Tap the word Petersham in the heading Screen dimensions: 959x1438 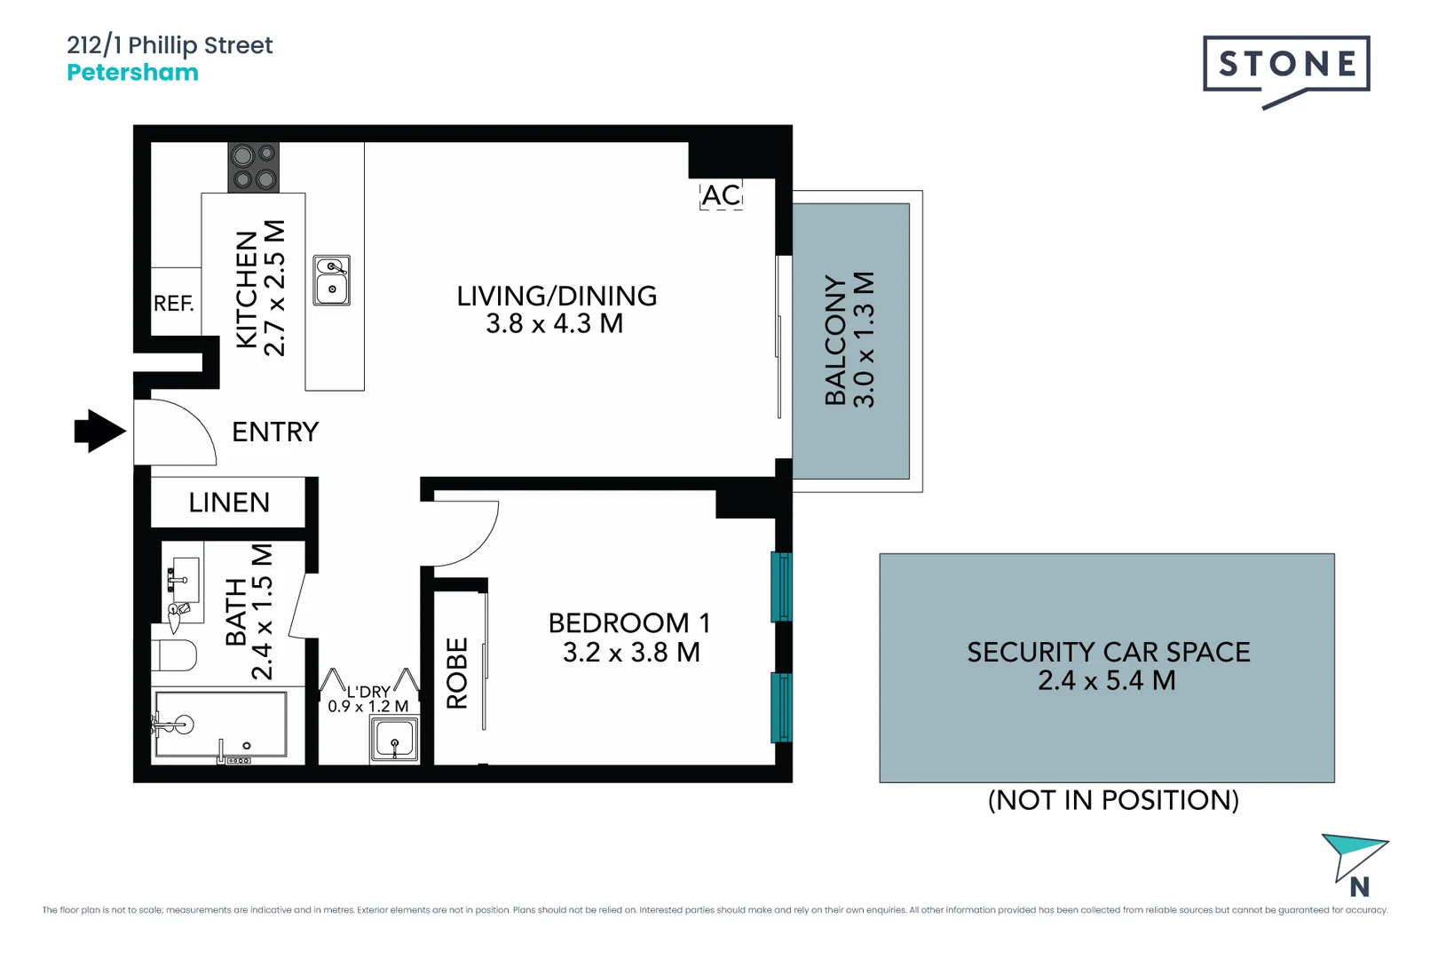coord(132,73)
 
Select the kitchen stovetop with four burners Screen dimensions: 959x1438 coord(254,168)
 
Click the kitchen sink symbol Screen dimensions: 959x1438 coord(332,281)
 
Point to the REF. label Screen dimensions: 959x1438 coord(173,304)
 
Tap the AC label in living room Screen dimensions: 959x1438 coord(721,195)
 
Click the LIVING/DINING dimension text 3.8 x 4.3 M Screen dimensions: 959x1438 coord(555,324)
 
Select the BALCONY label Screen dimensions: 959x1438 coord(835,339)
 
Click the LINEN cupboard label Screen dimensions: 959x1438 coord(229,503)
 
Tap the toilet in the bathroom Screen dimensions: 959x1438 coord(174,655)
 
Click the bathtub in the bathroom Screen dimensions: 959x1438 coord(220,726)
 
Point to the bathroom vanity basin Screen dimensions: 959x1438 coord(184,578)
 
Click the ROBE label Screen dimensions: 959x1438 coord(457,673)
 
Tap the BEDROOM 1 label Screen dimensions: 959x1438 coord(628,623)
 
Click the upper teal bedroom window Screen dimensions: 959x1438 coord(781,586)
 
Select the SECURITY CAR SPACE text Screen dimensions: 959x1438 coord(1108,653)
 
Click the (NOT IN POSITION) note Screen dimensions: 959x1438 coord(1113,800)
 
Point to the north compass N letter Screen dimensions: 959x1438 coord(1359,887)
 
